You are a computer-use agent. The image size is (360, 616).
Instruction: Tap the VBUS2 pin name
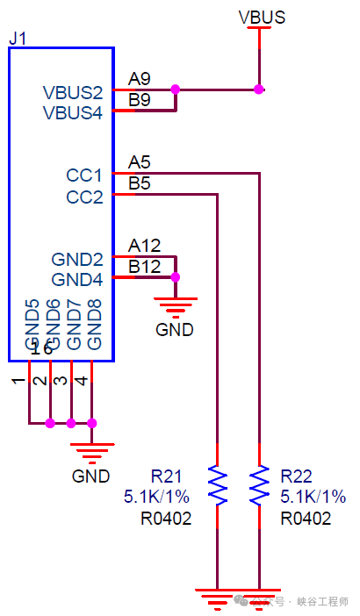[73, 92]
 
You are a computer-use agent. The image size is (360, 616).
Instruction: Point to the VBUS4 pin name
[73, 112]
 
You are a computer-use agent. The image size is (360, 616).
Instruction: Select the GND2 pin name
[77, 260]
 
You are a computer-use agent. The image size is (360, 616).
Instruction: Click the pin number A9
[140, 77]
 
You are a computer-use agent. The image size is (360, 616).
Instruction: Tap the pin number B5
[140, 183]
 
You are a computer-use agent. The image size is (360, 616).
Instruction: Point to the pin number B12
[144, 266]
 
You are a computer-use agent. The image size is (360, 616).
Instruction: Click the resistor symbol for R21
[217, 485]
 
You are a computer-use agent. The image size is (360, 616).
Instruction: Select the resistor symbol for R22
[259, 485]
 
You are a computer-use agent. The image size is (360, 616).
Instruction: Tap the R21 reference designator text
[166, 476]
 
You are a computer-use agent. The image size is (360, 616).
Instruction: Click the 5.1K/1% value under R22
[313, 497]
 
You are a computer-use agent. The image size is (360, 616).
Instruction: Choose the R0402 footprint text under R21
[166, 519]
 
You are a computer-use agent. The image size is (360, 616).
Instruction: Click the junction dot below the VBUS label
[259, 89]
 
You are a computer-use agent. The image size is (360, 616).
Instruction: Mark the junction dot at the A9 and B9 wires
[176, 89]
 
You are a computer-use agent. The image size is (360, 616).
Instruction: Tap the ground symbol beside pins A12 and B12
[175, 304]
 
